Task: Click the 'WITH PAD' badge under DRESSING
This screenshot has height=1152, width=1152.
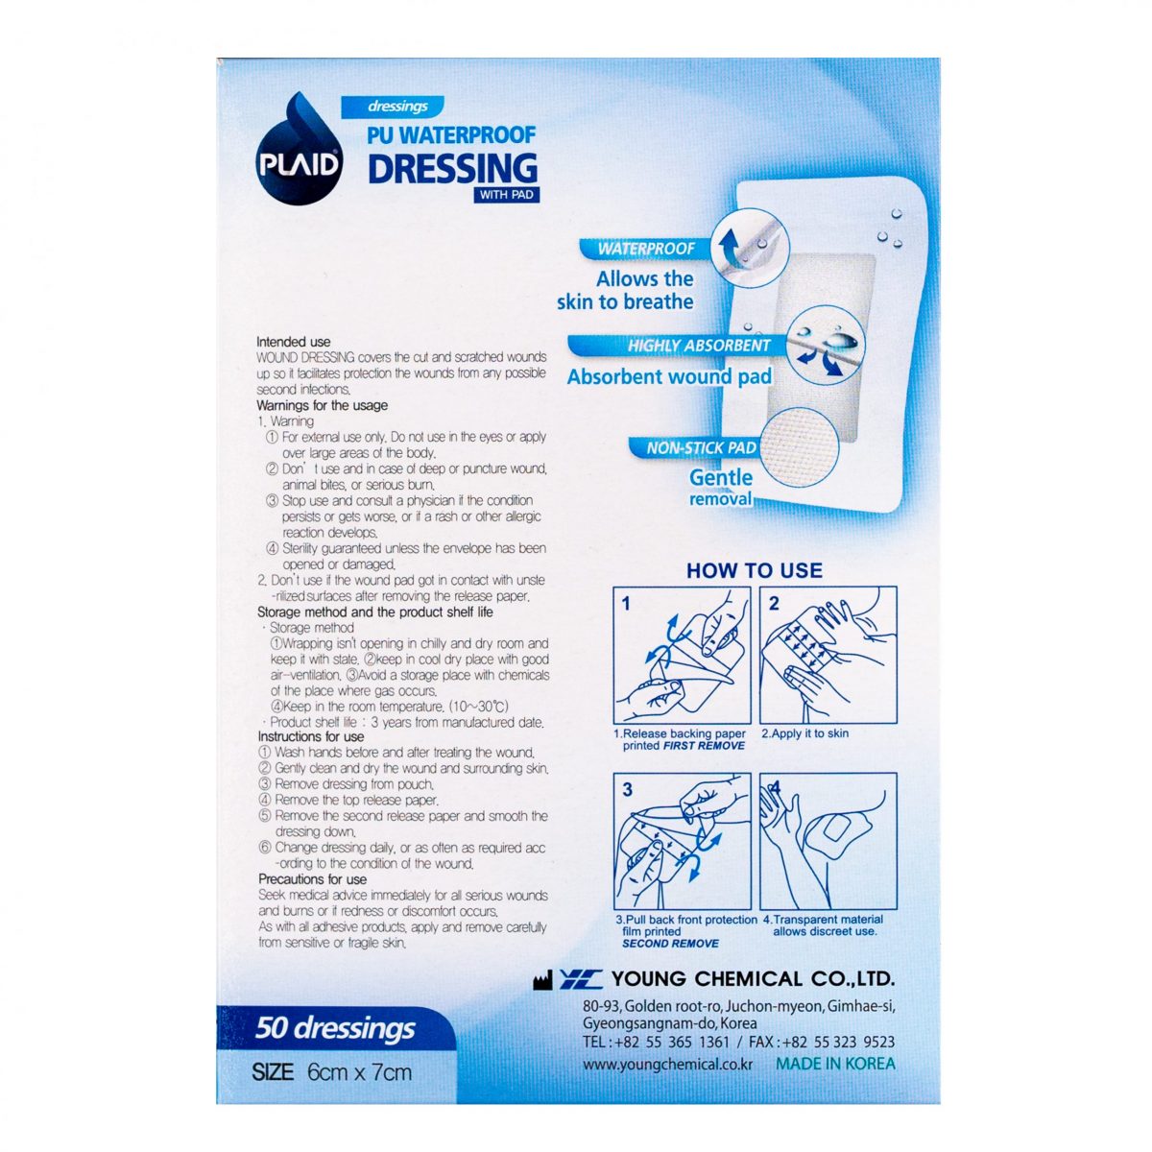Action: [506, 194]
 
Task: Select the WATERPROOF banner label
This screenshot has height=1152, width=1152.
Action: [646, 249]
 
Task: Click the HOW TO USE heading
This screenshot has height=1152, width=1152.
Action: [754, 570]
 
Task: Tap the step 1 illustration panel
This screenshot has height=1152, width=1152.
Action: [683, 656]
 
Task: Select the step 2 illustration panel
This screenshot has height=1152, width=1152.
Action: [828, 656]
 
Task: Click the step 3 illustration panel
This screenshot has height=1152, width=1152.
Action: [683, 842]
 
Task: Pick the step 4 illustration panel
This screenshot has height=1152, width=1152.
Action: [828, 842]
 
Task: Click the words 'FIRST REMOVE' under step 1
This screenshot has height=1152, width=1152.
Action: [704, 746]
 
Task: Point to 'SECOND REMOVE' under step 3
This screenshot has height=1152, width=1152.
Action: [670, 944]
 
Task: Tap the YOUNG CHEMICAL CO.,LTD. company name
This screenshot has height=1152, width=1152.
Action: [753, 978]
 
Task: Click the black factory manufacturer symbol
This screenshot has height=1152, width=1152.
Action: [542, 980]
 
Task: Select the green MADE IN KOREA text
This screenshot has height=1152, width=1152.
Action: [835, 1064]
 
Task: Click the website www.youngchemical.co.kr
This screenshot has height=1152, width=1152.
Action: [667, 1065]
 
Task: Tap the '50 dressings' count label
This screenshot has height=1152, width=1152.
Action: [335, 1028]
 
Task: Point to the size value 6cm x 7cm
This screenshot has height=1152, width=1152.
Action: [359, 1072]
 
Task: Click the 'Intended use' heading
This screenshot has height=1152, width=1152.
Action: [293, 342]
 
